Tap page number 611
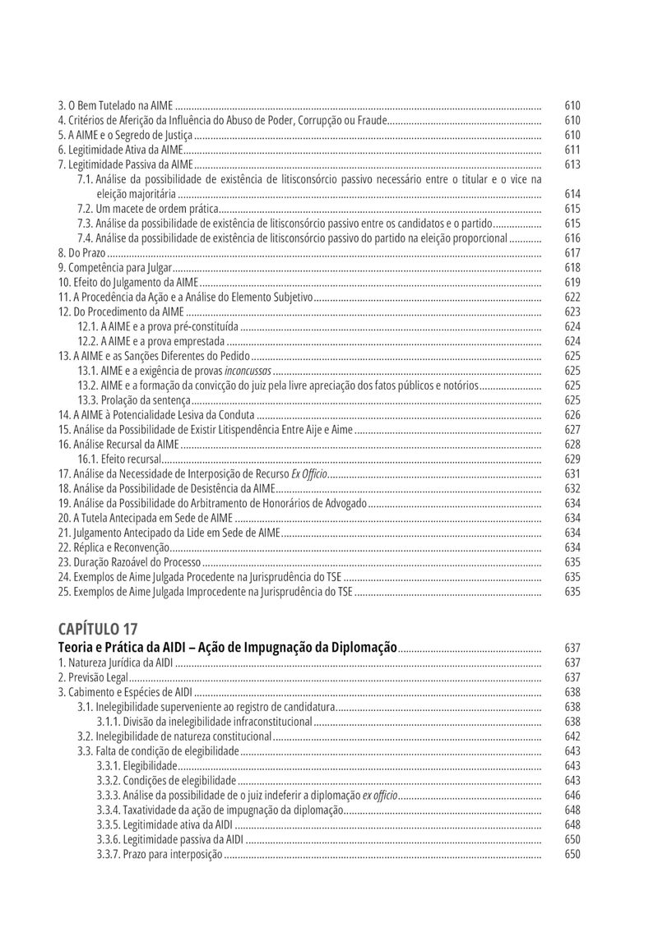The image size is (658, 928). (x=572, y=150)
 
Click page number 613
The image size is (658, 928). (x=572, y=164)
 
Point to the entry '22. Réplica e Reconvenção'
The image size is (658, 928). (x=114, y=547)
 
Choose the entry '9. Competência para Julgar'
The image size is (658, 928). (x=115, y=268)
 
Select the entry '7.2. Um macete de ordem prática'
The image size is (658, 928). (x=148, y=209)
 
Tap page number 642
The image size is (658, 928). (x=572, y=736)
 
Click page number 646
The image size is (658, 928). (x=572, y=795)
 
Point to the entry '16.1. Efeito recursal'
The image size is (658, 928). (x=120, y=459)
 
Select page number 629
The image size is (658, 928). (x=572, y=459)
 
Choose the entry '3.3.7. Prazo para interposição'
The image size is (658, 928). (x=160, y=854)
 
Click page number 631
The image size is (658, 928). (x=572, y=473)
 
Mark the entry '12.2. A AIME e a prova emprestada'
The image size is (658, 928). (x=151, y=341)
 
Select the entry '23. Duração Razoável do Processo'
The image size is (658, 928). (x=129, y=562)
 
